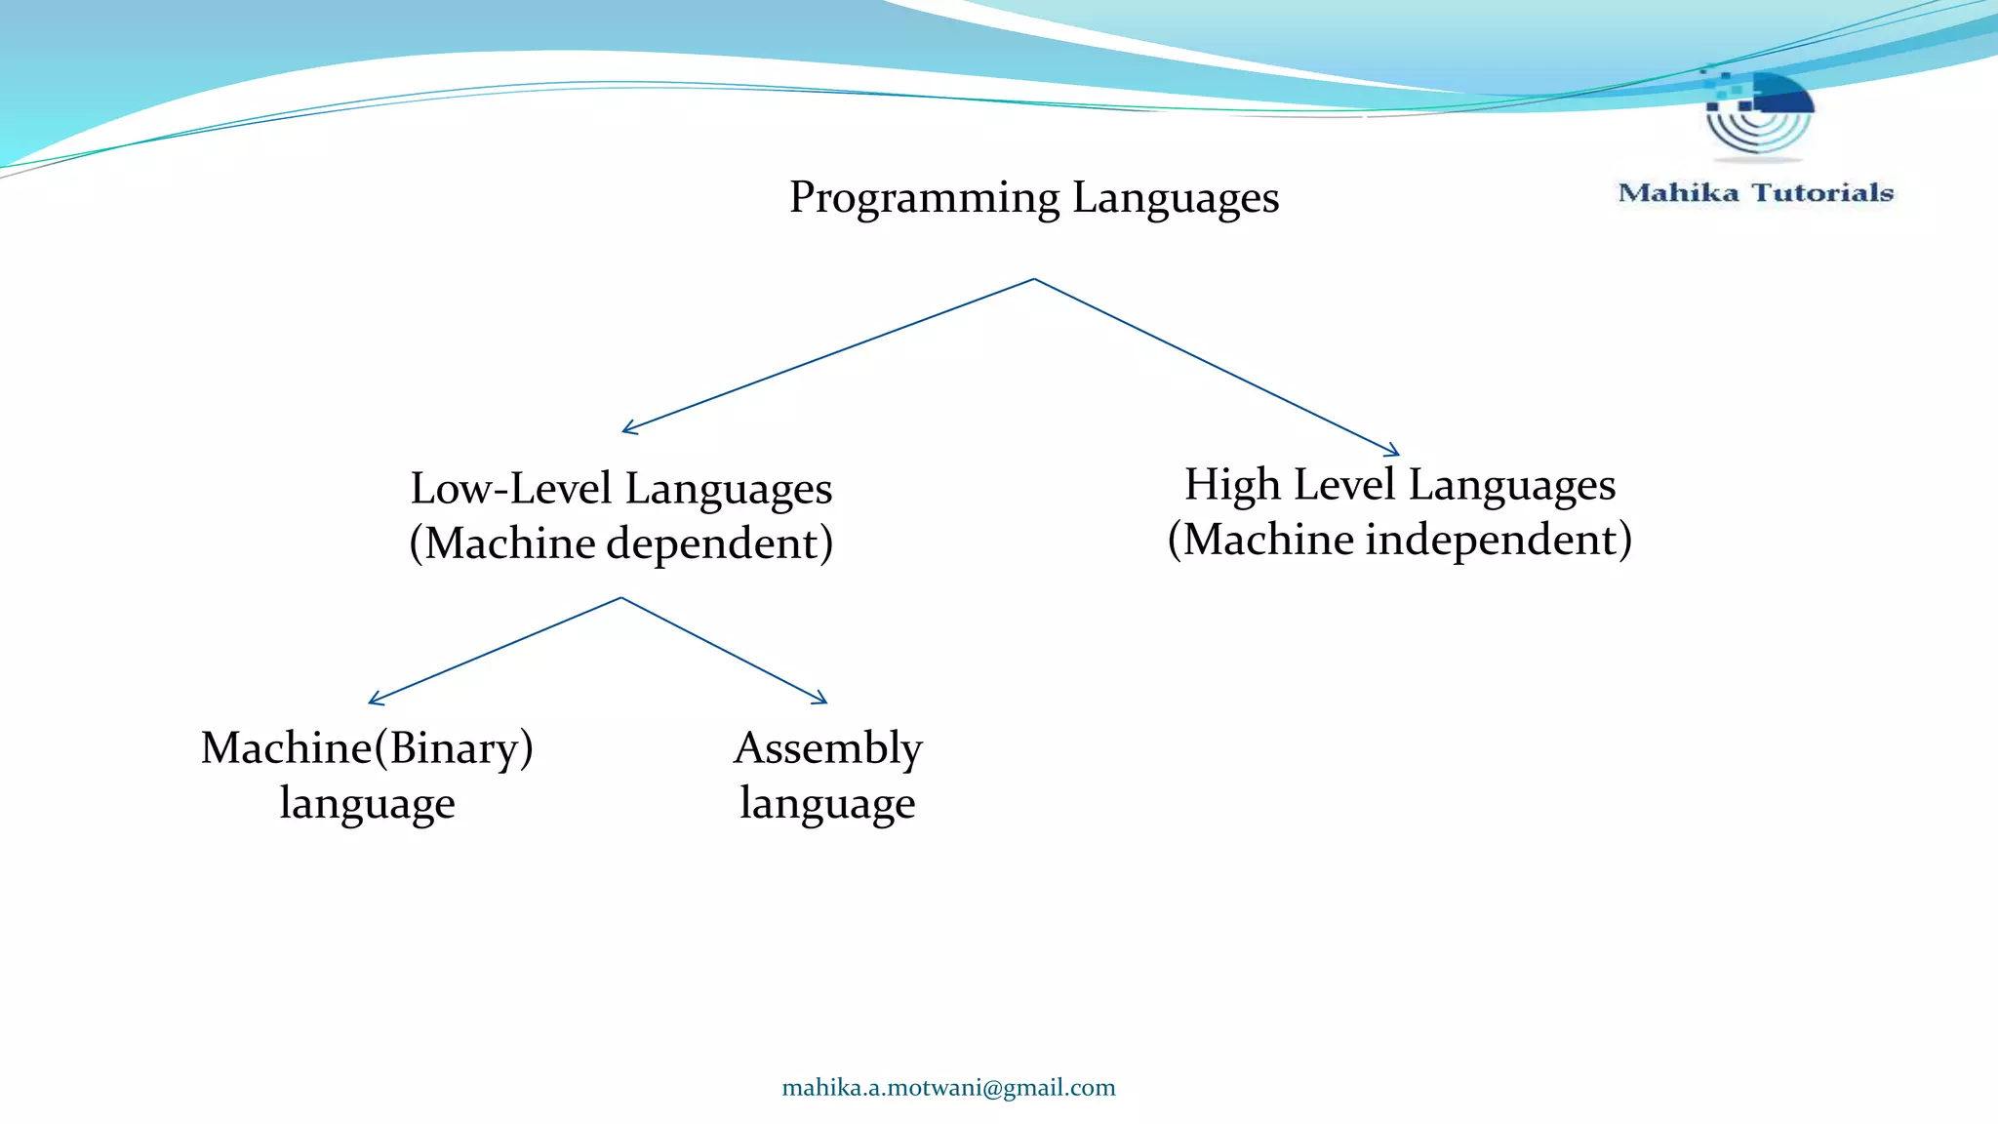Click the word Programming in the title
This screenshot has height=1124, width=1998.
click(924, 198)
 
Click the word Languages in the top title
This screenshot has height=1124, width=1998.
click(1176, 198)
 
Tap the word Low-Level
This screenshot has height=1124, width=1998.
click(511, 489)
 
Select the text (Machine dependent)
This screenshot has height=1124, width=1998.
click(621, 543)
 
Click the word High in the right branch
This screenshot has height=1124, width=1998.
click(1232, 485)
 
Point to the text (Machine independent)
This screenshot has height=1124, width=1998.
click(1400, 540)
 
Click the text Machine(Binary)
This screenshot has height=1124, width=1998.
click(367, 748)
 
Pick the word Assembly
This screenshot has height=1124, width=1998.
click(827, 748)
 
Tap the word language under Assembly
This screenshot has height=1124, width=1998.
click(827, 803)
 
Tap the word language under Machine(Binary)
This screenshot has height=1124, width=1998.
click(367, 803)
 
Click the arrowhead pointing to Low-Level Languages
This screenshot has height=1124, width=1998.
click(627, 429)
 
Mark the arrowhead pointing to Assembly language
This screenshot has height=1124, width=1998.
click(822, 700)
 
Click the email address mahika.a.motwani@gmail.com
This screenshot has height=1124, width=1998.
click(948, 1088)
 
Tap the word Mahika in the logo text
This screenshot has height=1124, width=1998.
click(1678, 193)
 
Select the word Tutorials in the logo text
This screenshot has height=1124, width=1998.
click(1822, 193)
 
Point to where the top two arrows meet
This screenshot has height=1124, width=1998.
click(1034, 279)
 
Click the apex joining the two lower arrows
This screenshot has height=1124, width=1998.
click(621, 597)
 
